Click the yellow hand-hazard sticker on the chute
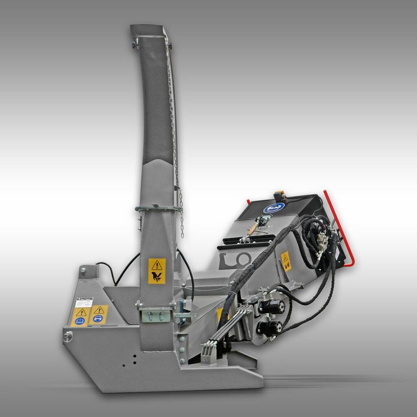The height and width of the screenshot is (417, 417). [x=157, y=271]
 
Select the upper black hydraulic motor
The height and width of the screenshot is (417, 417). [x=270, y=307]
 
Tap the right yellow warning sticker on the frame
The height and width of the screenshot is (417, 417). [x=98, y=314]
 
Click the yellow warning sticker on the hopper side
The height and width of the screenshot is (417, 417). [x=285, y=261]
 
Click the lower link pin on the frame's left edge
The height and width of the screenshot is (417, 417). [x=67, y=337]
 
